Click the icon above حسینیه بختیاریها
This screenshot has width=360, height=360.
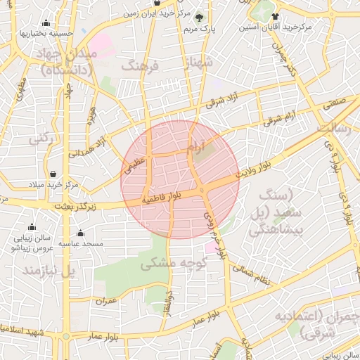pyautogui.click(x=46, y=22)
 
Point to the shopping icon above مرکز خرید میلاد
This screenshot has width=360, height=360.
pyautogui.click(x=54, y=173)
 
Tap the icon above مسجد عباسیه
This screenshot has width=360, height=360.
pyautogui.click(x=80, y=233)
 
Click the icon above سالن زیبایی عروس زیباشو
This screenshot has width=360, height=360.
pyautogui.click(x=32, y=227)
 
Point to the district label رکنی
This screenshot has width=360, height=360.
pyautogui.click(x=41, y=140)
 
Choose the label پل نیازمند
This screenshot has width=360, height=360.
pyautogui.click(x=49, y=271)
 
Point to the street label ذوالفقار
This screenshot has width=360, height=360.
pyautogui.click(x=169, y=304)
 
